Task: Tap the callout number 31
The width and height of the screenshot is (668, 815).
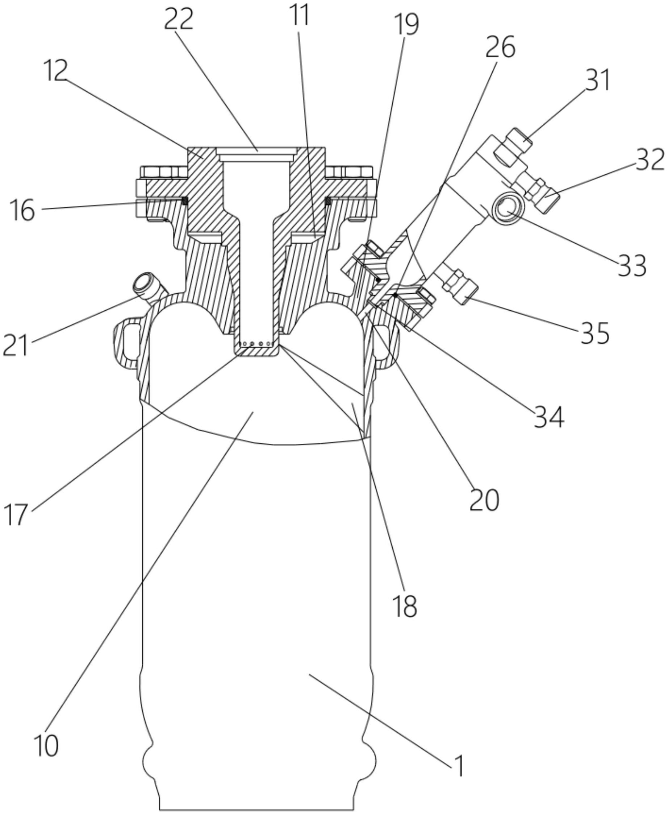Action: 598,80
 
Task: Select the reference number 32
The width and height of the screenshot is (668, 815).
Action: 650,160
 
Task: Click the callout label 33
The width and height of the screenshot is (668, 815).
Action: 632,266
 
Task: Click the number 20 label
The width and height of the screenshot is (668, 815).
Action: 484,501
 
